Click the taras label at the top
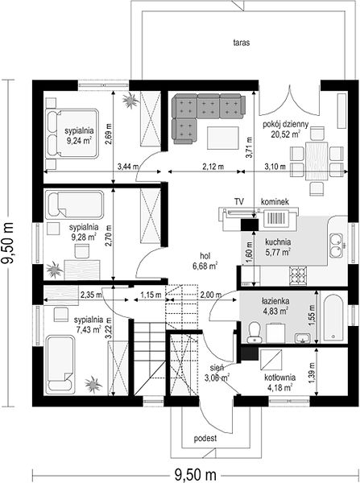pyautogui.click(x=242, y=43)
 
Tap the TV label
pyautogui.click(x=239, y=202)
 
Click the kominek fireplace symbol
pyautogui.click(x=275, y=219)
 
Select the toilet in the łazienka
pyautogui.click(x=254, y=332)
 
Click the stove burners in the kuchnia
pyautogui.click(x=297, y=275)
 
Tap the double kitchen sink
pyautogui.click(x=336, y=246)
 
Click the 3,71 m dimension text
pyautogui.click(x=249, y=147)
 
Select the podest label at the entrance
pyautogui.click(x=205, y=438)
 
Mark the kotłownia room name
pyautogui.click(x=279, y=378)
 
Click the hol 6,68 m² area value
pyautogui.click(x=205, y=266)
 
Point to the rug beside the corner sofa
pyautogui.click(x=223, y=138)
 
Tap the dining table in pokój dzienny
pyautogui.click(x=317, y=160)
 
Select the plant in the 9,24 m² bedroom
pyautogui.click(x=130, y=100)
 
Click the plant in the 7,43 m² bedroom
pyautogui.click(x=93, y=385)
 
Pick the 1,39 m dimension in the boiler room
pyautogui.click(x=312, y=373)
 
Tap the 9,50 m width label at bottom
pyautogui.click(x=196, y=474)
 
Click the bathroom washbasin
pyautogui.click(x=303, y=338)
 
